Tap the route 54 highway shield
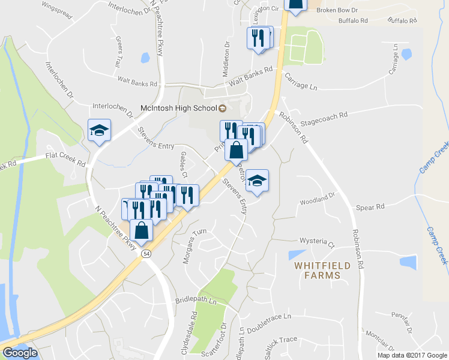point(146,254)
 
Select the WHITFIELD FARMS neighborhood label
point(318,270)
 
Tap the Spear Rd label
point(370,208)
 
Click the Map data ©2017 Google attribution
point(411,355)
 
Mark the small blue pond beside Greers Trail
point(145,58)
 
